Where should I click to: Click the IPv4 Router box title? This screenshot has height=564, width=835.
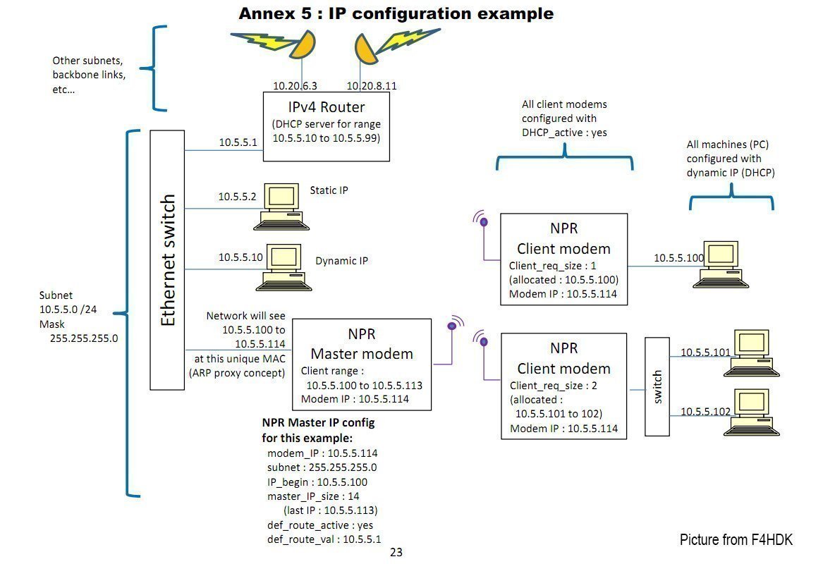tap(327, 107)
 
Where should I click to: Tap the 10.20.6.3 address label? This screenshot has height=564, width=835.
tap(295, 86)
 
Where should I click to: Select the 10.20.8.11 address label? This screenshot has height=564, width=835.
tap(372, 86)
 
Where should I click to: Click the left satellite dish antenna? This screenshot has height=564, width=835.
tap(303, 44)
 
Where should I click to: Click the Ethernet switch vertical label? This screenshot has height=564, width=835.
tap(168, 260)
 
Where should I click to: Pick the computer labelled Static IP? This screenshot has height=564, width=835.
tap(281, 207)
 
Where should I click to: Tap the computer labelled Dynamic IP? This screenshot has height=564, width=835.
tap(284, 267)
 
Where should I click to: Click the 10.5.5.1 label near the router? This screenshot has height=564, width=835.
tap(238, 142)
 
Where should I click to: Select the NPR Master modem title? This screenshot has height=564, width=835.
tap(362, 344)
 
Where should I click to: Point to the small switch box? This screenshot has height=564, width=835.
tap(657, 386)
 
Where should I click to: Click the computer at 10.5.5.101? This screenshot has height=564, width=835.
tap(751, 353)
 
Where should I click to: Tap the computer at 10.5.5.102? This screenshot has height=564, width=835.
tap(751, 412)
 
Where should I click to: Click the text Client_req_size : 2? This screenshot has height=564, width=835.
tap(554, 386)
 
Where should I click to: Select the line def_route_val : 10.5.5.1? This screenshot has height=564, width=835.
tap(324, 539)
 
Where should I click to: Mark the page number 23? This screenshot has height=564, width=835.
tap(396, 552)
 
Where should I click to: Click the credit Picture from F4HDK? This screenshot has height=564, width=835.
tap(736, 539)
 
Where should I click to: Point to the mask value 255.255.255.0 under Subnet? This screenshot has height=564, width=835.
tap(84, 338)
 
